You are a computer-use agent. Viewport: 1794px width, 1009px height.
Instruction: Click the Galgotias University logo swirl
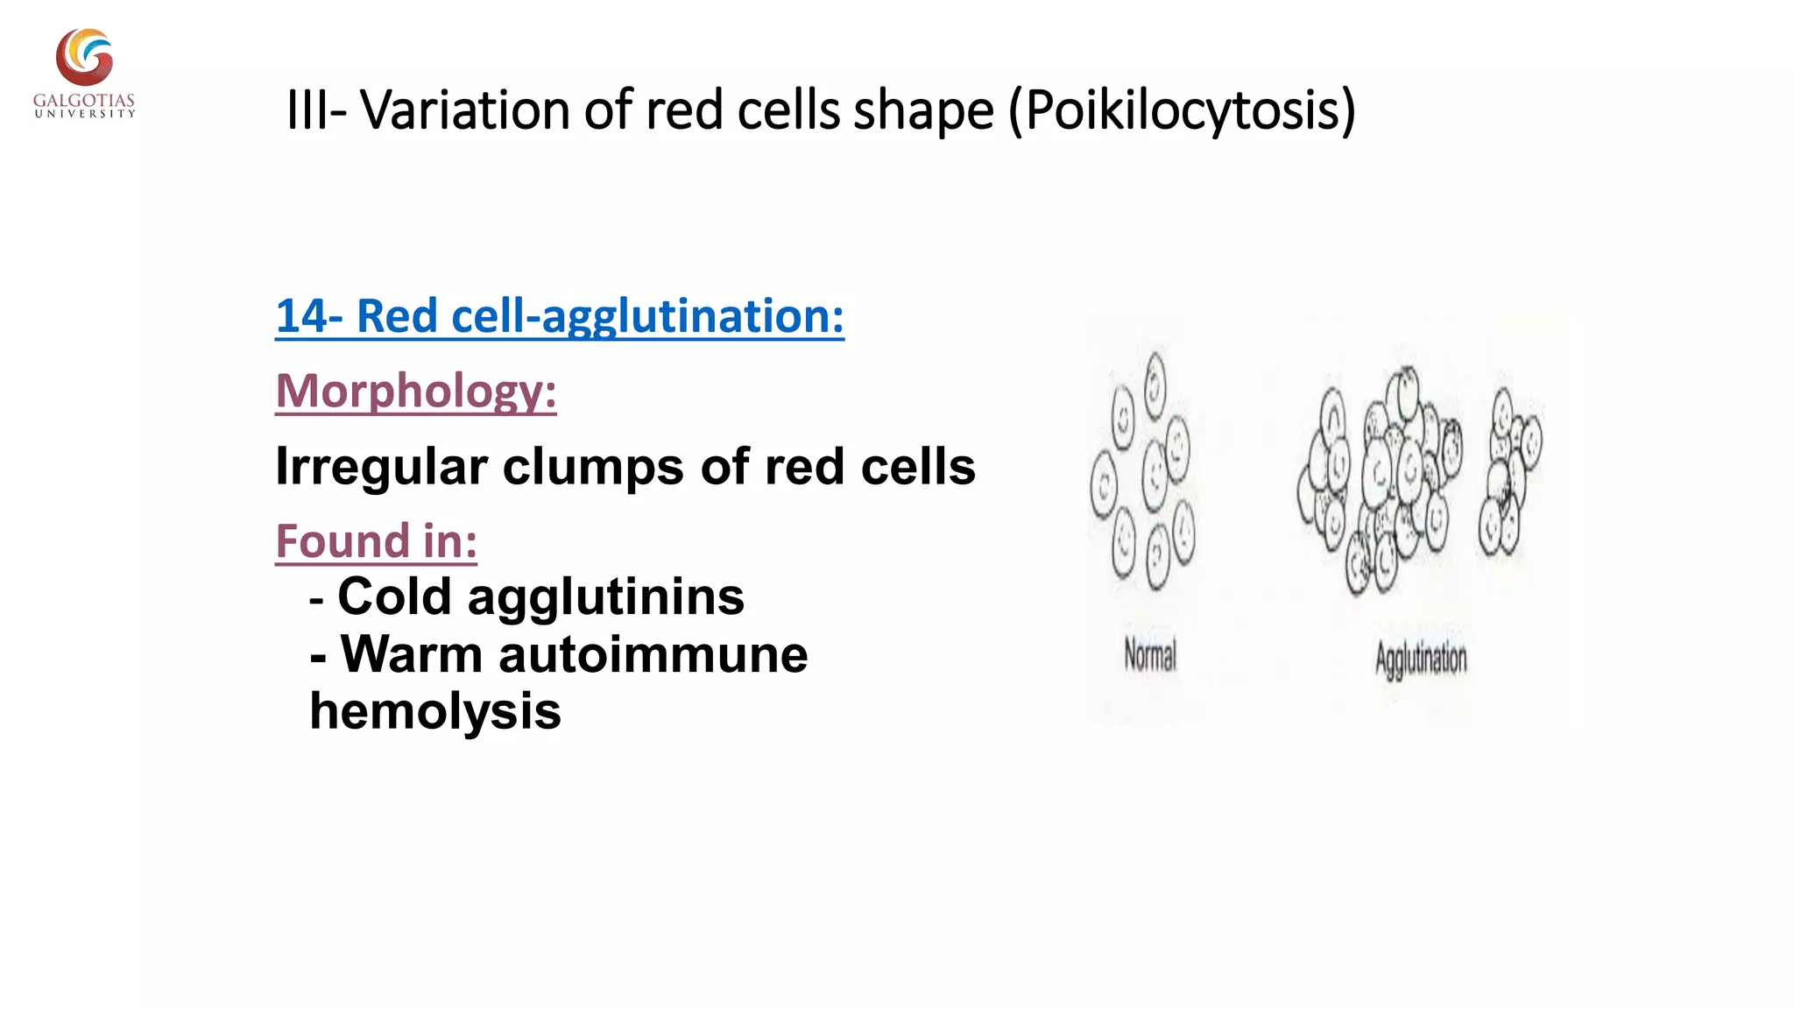pyautogui.click(x=84, y=57)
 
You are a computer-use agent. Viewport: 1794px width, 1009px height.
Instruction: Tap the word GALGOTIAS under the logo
pyautogui.click(x=84, y=101)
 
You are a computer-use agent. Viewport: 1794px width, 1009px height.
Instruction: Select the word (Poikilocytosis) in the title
pyautogui.click(x=1182, y=110)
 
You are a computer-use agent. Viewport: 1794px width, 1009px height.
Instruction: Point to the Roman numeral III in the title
pyautogui.click(x=308, y=110)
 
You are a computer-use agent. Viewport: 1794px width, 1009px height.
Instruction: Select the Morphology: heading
pyautogui.click(x=416, y=391)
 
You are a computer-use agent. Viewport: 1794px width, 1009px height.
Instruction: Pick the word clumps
pyautogui.click(x=594, y=467)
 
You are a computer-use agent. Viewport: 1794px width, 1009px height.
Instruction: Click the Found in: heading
pyautogui.click(x=376, y=540)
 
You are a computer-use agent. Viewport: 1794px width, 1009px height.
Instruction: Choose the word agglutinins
pyautogui.click(x=606, y=598)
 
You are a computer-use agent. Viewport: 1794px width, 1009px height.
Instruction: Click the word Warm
pyautogui.click(x=411, y=654)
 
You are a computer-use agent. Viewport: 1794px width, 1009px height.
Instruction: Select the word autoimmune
pyautogui.click(x=653, y=654)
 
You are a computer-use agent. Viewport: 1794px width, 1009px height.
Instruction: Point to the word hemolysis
pyautogui.click(x=435, y=710)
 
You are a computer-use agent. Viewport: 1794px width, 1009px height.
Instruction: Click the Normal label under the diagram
pyautogui.click(x=1150, y=655)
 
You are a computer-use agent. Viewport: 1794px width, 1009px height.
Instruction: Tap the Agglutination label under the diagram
pyautogui.click(x=1420, y=659)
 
